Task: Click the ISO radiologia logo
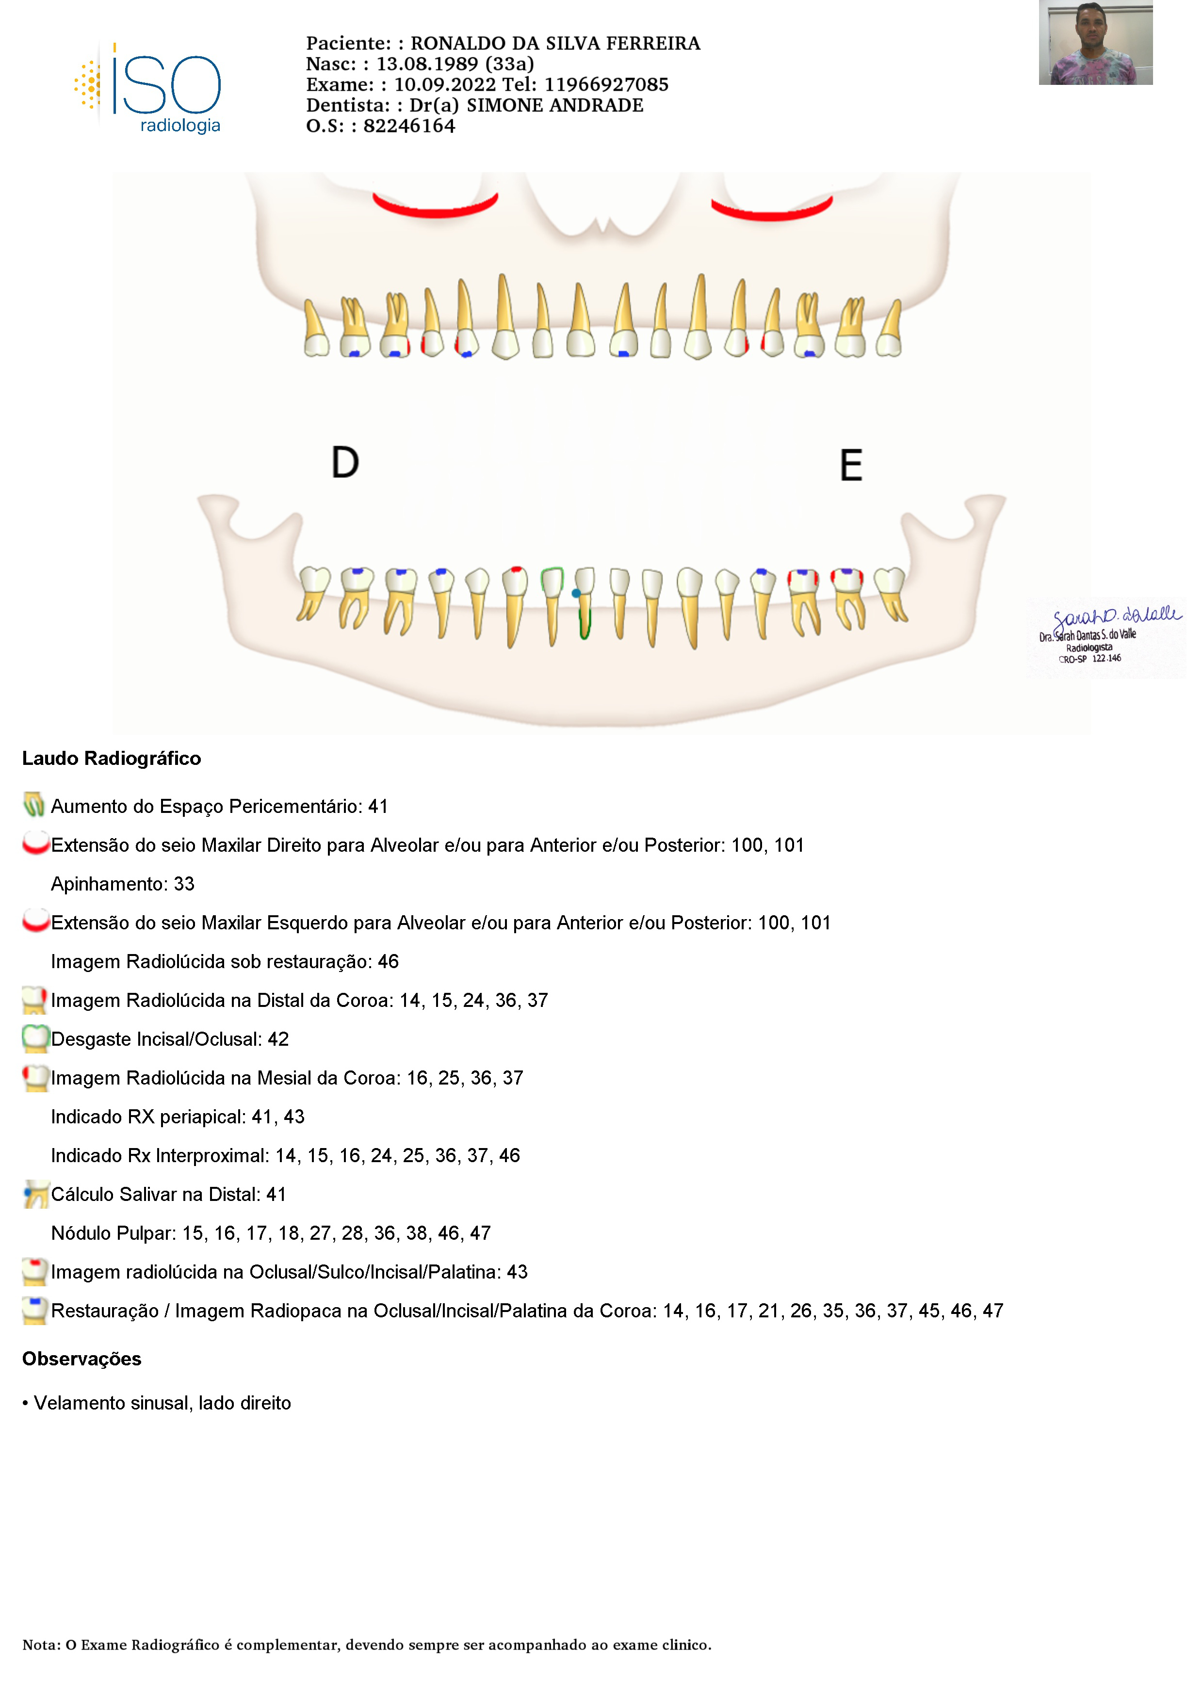click(148, 89)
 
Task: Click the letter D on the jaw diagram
click(345, 463)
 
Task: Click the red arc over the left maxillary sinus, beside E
click(772, 212)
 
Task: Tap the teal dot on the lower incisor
click(576, 593)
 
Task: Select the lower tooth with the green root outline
click(585, 604)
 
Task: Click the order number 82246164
click(409, 126)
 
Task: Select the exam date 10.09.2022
click(444, 84)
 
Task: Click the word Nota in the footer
click(41, 1645)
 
